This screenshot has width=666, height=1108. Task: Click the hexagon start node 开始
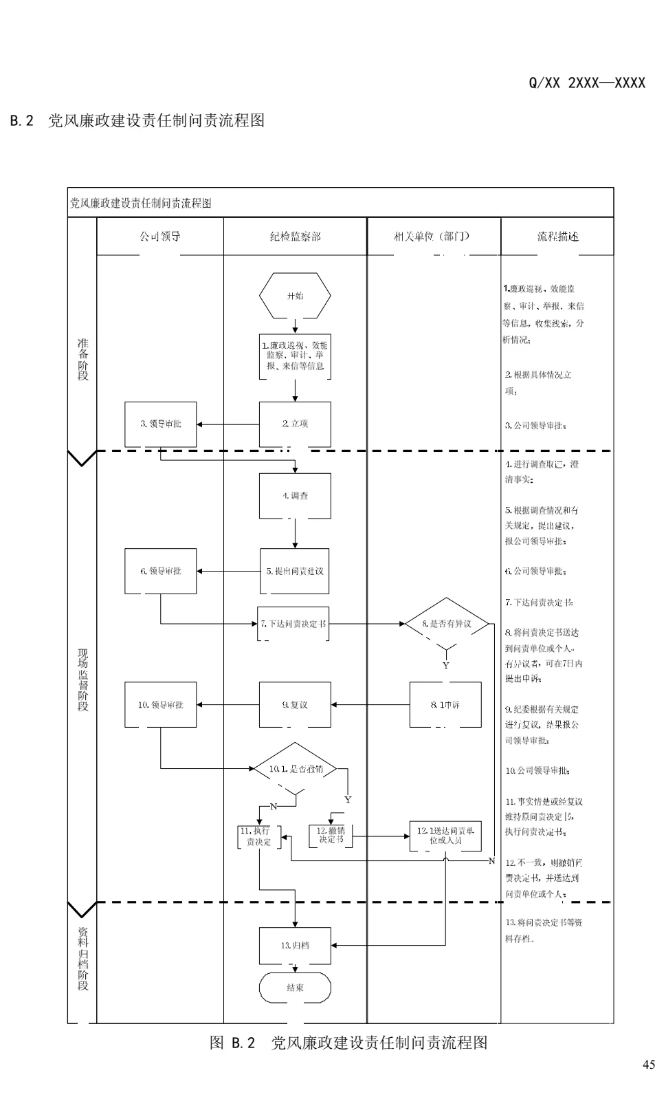(295, 296)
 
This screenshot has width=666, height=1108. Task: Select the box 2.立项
(295, 424)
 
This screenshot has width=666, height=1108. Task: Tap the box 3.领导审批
(160, 424)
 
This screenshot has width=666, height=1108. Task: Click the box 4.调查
(295, 496)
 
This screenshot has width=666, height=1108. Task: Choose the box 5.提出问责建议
(295, 571)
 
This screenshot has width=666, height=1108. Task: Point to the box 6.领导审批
(160, 571)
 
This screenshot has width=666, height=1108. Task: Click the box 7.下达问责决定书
(293, 624)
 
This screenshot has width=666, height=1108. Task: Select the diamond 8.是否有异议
(447, 624)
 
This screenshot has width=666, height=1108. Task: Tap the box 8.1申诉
(445, 705)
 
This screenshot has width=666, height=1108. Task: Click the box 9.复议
(295, 705)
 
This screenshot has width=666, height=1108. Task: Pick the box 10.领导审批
(160, 705)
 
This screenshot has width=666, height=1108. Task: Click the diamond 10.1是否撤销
(296, 769)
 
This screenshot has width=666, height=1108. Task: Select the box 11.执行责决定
(259, 836)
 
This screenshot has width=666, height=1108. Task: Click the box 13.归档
(295, 946)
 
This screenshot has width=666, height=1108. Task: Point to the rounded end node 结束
(295, 988)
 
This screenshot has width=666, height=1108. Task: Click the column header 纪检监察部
(295, 237)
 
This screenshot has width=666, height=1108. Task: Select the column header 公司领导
(160, 237)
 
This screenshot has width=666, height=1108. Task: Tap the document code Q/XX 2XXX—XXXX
(586, 83)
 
